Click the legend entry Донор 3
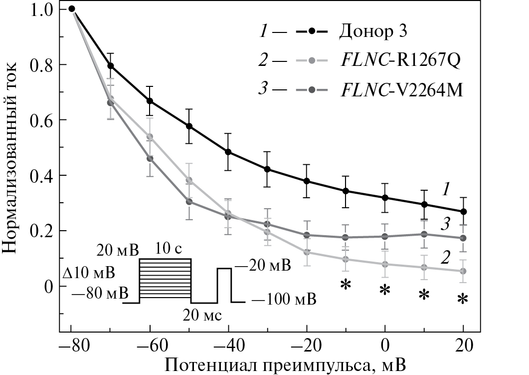click(x=374, y=32)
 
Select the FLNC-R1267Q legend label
click(x=399, y=61)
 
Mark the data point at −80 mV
click(x=71, y=8)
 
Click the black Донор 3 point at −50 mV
click(x=189, y=126)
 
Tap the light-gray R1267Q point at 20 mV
click(x=463, y=271)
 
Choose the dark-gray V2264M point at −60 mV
click(x=150, y=159)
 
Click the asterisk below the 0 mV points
click(x=384, y=290)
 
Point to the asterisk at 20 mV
click(x=463, y=299)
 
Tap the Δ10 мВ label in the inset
click(x=89, y=274)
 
